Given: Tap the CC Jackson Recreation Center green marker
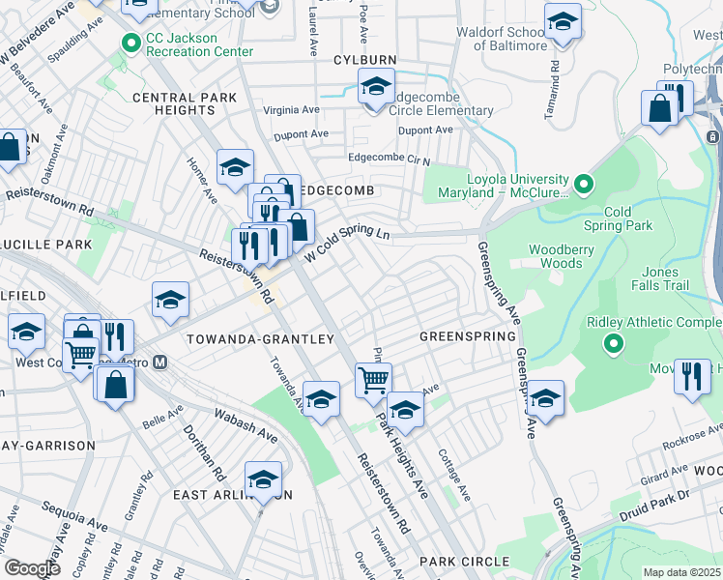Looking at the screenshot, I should pyautogui.click(x=130, y=43).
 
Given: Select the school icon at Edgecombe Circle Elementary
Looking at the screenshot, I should pyautogui.click(x=377, y=87).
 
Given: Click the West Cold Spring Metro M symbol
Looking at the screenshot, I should pyautogui.click(x=160, y=363).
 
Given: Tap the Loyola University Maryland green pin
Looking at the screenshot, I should pyautogui.click(x=583, y=183).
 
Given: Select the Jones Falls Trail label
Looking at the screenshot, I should pyautogui.click(x=675, y=278).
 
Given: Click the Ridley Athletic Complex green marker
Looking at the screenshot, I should pyautogui.click(x=612, y=343).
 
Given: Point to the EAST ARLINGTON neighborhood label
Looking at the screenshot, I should pyautogui.click(x=232, y=494).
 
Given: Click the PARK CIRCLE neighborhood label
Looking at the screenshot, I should pyautogui.click(x=464, y=562).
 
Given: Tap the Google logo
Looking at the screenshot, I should pyautogui.click(x=32, y=568).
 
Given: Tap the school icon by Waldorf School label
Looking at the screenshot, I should pyautogui.click(x=562, y=23).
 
